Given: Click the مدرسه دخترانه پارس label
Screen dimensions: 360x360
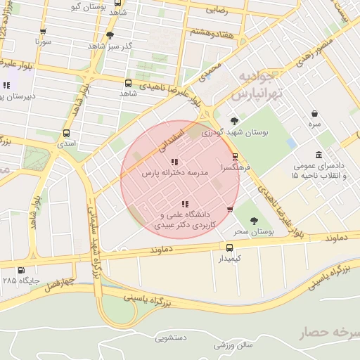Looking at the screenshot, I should pyautogui.click(x=176, y=172).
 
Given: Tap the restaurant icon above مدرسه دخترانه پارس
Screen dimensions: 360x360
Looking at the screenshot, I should pyautogui.click(x=174, y=162).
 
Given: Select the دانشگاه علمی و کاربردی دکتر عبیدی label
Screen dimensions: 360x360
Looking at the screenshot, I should pyautogui.click(x=185, y=220).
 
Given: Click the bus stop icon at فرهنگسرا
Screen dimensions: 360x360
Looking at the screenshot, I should pyautogui.click(x=235, y=157).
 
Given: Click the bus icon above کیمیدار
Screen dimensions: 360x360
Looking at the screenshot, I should pyautogui.click(x=229, y=247).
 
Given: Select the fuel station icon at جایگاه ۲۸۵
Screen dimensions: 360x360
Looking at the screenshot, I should pyautogui.click(x=20, y=270).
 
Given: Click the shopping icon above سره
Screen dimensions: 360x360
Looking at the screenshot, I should pyautogui.click(x=314, y=113).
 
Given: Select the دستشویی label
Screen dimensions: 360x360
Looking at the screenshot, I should pyautogui.click(x=171, y=337).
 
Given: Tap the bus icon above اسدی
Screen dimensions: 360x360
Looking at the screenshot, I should pyautogui.click(x=67, y=133).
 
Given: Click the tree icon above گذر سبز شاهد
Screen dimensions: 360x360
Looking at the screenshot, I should pyautogui.click(x=109, y=35).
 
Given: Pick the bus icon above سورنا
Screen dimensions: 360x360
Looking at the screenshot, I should pyautogui.click(x=44, y=32).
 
